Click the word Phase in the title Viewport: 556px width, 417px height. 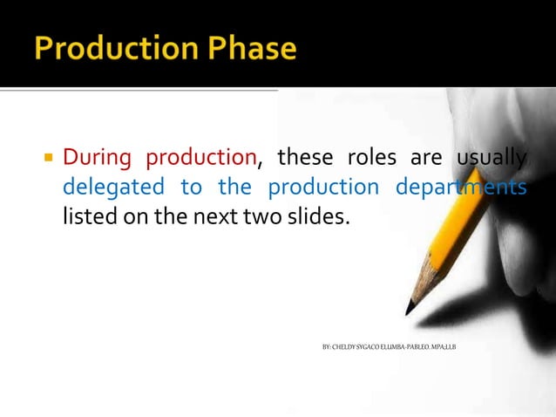click(253, 49)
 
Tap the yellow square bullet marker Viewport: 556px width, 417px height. click(49, 159)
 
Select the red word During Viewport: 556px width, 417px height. click(97, 158)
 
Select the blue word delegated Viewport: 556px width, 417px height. click(113, 187)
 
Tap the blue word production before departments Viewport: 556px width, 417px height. click(322, 187)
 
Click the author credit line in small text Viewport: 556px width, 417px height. click(389, 347)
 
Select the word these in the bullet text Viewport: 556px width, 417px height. click(304, 158)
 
